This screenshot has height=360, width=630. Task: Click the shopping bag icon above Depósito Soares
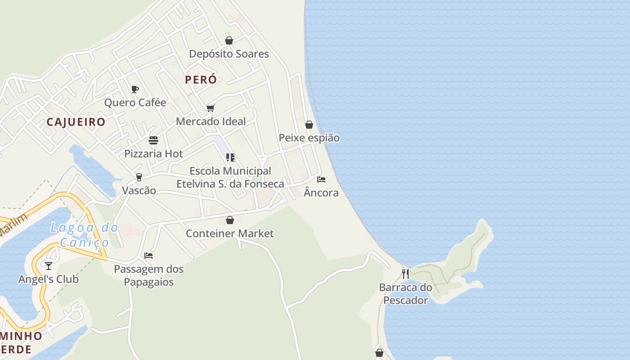pos(229,40)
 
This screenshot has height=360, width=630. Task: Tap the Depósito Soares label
pos(229,54)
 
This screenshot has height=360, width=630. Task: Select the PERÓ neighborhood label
pos(201,80)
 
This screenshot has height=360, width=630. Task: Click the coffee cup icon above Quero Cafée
pos(135,89)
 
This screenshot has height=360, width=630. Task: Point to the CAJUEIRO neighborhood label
pos(76,122)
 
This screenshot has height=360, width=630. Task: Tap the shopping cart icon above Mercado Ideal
pos(211,108)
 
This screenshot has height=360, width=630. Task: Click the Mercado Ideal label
pos(211,121)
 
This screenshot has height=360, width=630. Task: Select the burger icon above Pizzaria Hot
pos(153,140)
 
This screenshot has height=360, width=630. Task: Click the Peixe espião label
pos(309,138)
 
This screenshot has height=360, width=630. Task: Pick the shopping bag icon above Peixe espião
pos(309,125)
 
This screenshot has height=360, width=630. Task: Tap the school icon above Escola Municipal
pos(230,157)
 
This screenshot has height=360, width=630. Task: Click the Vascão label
pos(139,190)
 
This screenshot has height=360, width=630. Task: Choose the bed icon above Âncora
pos(321,180)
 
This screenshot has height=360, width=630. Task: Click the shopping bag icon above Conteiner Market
pos(230,220)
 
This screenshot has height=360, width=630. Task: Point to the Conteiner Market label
pos(229,234)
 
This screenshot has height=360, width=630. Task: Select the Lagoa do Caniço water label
pos(84,235)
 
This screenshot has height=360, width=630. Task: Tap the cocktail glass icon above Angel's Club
pos(49,266)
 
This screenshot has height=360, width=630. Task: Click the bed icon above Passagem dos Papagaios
pos(148,256)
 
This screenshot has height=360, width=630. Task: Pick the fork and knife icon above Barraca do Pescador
pos(405,274)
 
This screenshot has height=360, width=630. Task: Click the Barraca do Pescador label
pos(405,294)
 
